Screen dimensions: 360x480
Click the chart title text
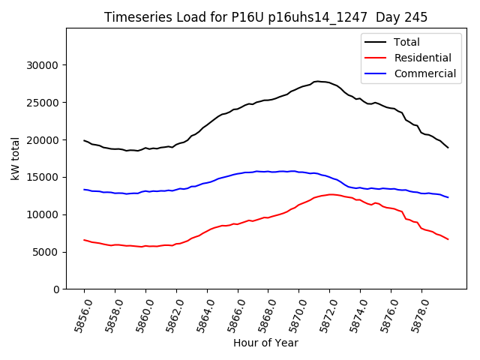265,17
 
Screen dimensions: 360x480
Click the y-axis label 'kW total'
16,159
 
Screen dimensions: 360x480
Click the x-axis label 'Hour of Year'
265,343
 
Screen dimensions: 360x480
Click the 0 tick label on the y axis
56,289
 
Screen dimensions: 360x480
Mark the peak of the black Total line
318,81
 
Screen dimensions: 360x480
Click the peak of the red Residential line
330,194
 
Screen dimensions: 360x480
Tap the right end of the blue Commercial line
448,197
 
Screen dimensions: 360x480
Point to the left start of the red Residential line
84,240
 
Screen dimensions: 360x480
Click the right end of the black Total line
448,148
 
